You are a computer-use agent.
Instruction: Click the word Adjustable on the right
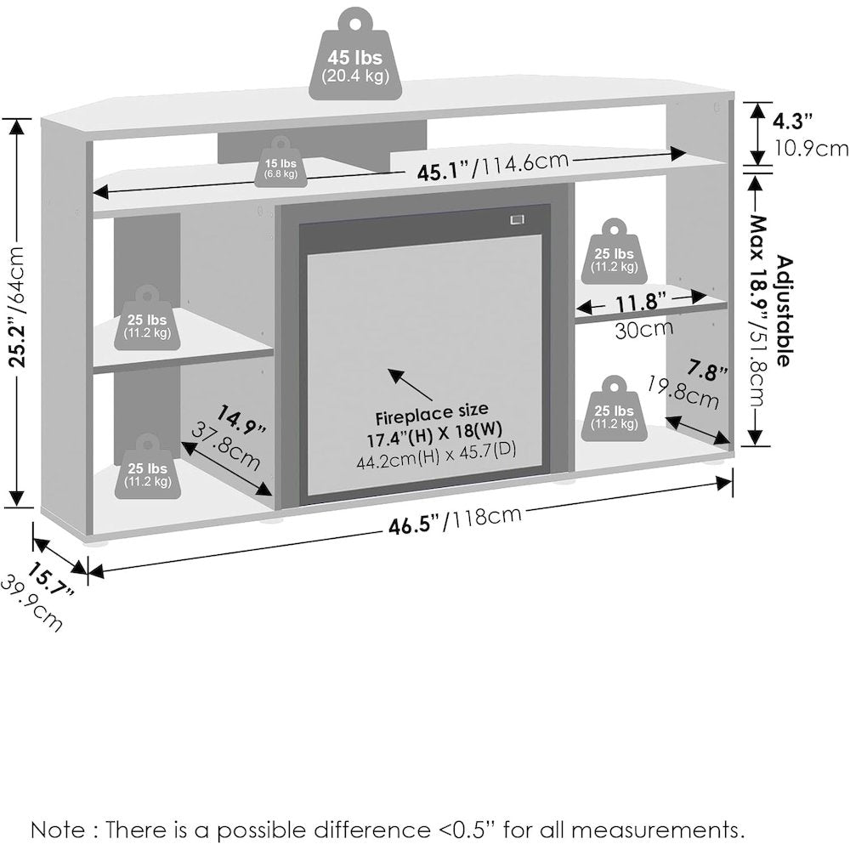tap(785, 311)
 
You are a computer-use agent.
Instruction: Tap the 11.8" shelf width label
tap(641, 303)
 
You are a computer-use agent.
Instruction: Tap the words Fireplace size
tap(432, 413)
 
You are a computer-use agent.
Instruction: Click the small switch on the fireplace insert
tap(517, 219)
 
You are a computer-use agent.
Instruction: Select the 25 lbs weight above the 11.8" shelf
tap(614, 252)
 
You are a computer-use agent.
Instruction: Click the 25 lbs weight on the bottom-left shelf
tap(147, 466)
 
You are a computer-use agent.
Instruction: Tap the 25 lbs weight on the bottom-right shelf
tap(614, 409)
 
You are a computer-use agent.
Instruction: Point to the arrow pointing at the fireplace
tap(410, 384)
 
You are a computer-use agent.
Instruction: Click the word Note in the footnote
tap(58, 830)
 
